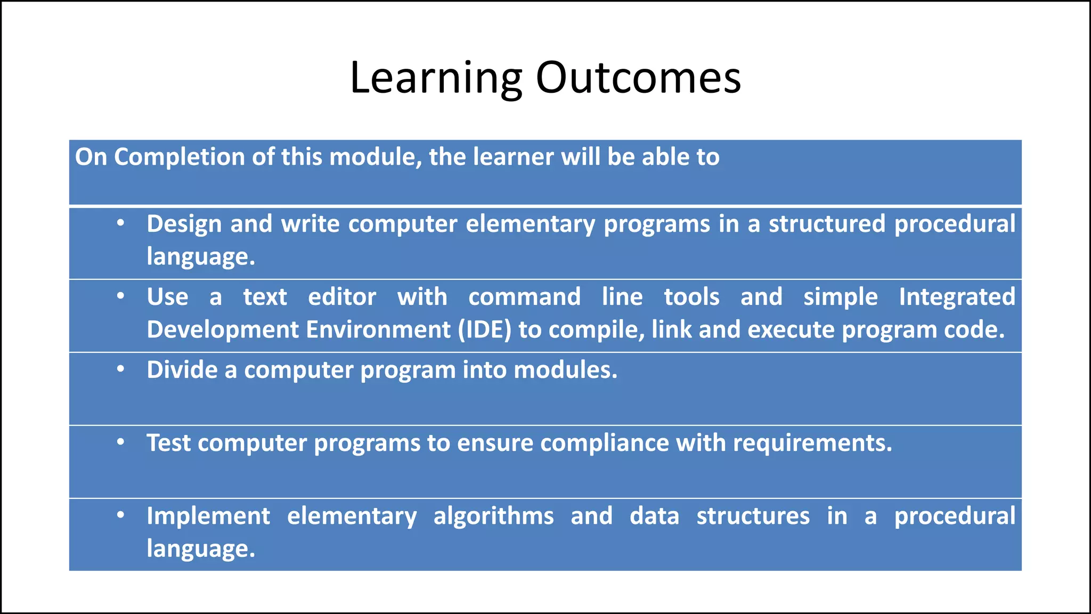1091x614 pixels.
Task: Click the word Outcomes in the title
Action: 638,78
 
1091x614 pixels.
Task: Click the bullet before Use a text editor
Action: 121,296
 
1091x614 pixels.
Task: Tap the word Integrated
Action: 957,297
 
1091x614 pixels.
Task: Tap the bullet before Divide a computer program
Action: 121,369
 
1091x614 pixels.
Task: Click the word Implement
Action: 208,516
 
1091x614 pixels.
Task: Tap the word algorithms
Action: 493,516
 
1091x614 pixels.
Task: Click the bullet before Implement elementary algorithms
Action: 121,515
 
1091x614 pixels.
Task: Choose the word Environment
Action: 378,330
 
